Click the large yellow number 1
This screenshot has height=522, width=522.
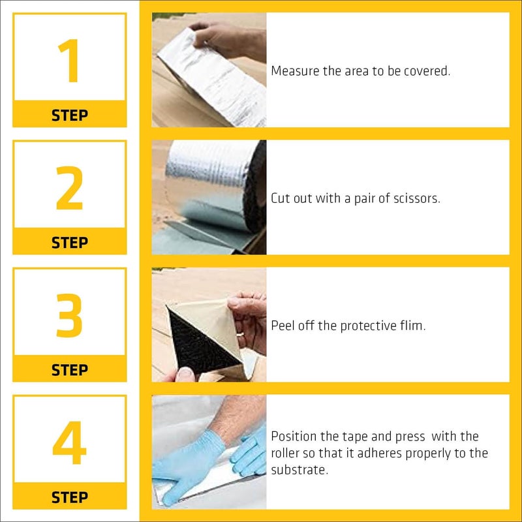coord(70,60)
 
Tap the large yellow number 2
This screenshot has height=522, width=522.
coord(69,188)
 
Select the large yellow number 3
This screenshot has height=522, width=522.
coord(69,315)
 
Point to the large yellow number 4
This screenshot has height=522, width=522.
coord(70,442)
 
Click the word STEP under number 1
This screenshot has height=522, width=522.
coord(70,115)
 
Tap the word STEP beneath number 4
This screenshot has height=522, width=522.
coord(70,497)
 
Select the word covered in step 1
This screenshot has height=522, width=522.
coord(427,71)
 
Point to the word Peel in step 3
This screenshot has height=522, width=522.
coord(283,326)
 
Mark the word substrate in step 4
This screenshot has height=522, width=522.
coord(299,470)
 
